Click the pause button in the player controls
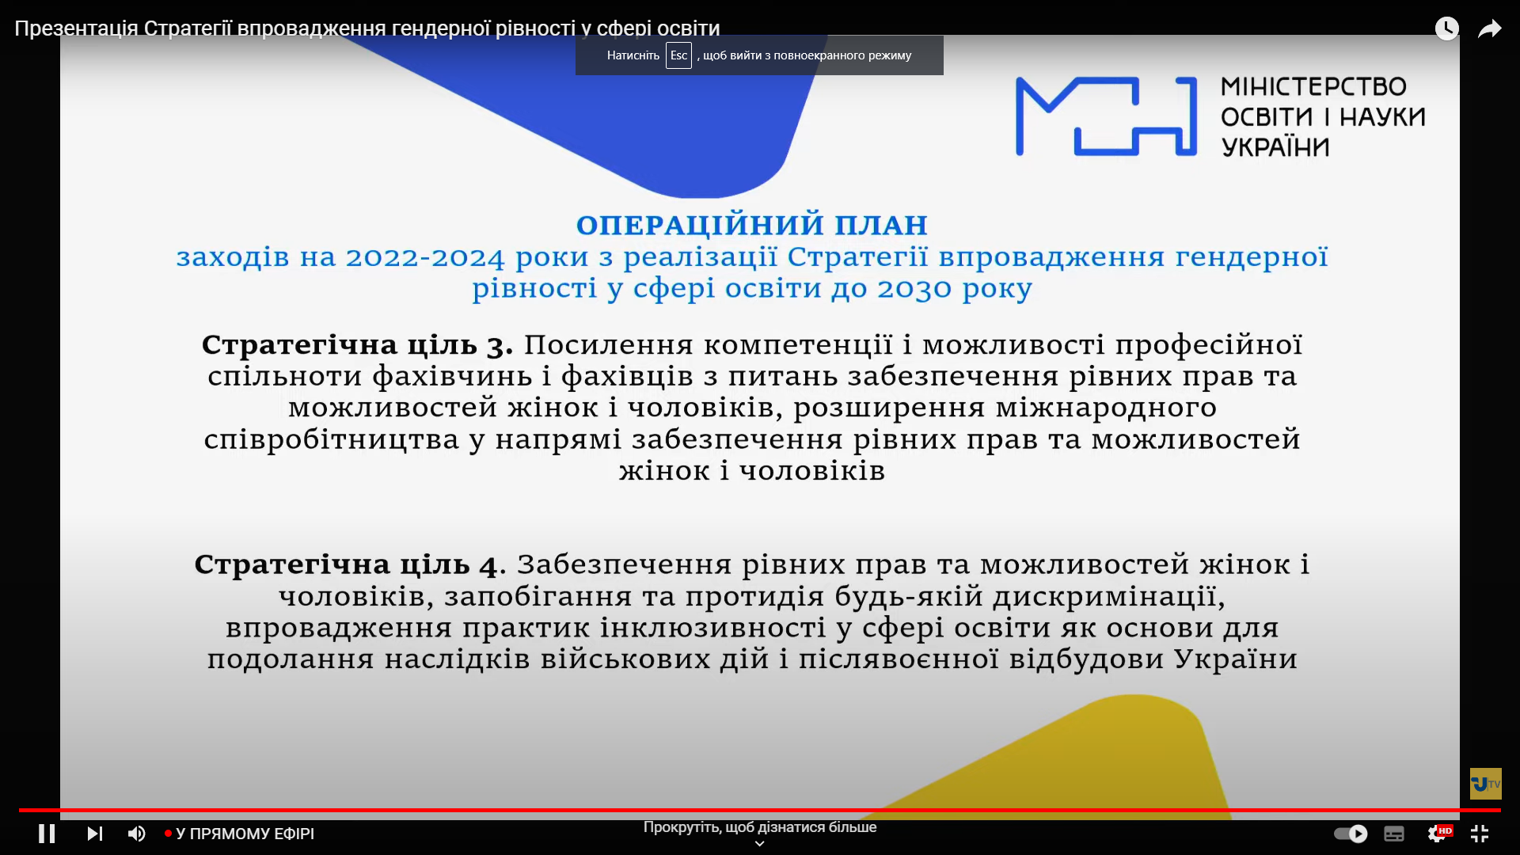[47, 834]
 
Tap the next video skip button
[95, 834]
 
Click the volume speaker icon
[137, 834]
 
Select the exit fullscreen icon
[1480, 834]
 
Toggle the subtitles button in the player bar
[1394, 834]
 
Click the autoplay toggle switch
[1351, 834]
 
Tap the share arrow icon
[1490, 29]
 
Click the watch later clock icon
[1447, 28]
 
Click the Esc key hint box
[678, 55]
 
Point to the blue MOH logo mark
[1106, 116]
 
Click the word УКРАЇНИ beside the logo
[1275, 147]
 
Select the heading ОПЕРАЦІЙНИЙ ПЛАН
[752, 225]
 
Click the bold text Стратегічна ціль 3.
[357, 345]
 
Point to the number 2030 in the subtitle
[915, 289]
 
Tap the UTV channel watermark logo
[1486, 784]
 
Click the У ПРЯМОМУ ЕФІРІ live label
[245, 834]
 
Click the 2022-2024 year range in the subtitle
[425, 257]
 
